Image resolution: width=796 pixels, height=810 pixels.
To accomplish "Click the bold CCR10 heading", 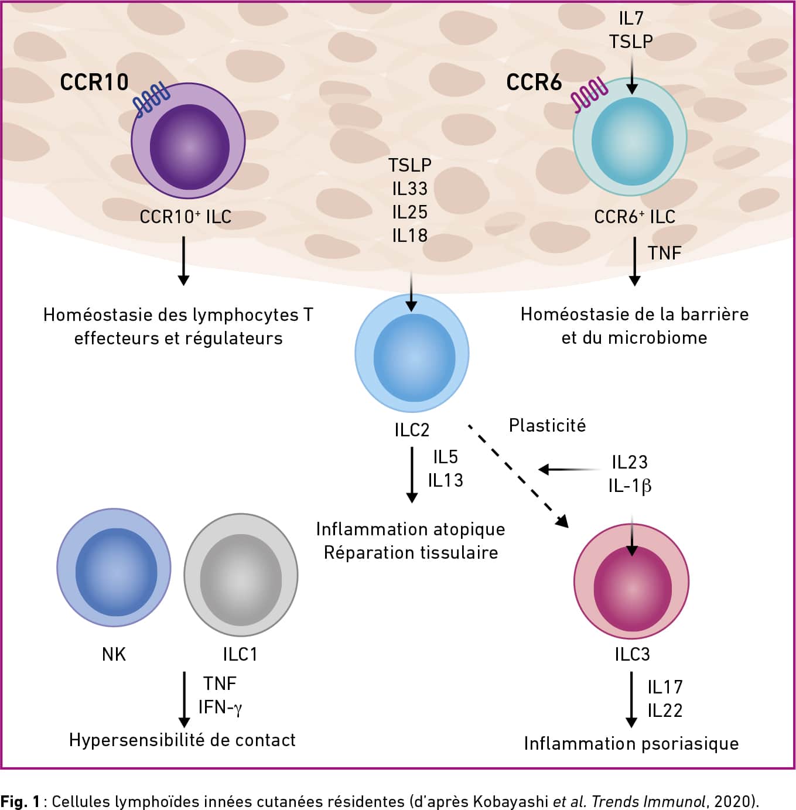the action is pyautogui.click(x=94, y=82).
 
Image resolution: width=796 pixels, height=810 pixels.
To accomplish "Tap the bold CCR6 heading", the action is pyautogui.click(x=534, y=82).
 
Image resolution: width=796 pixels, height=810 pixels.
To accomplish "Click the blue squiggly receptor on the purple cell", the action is pyautogui.click(x=151, y=100).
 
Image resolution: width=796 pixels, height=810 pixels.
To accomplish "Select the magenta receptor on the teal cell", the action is pyautogui.click(x=589, y=94).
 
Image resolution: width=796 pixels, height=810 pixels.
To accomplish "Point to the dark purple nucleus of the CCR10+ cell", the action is pyautogui.click(x=190, y=147).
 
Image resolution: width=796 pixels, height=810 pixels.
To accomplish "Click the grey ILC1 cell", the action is pyautogui.click(x=241, y=574).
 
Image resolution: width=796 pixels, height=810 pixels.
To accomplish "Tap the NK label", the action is pyautogui.click(x=114, y=654).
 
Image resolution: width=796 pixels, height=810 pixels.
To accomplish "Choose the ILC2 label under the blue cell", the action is pyautogui.click(x=412, y=430).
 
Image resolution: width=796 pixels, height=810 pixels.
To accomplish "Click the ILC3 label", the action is pyautogui.click(x=632, y=654).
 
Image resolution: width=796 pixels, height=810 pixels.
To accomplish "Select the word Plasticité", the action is pyautogui.click(x=547, y=425).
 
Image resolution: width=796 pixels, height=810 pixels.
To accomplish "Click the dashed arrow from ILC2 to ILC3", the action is pyautogui.click(x=518, y=476).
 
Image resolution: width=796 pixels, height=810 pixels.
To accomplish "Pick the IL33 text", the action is pyautogui.click(x=410, y=189).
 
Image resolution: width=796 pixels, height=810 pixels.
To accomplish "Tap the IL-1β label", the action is pyautogui.click(x=630, y=486).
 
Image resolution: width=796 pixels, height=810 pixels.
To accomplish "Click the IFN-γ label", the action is pyautogui.click(x=220, y=708).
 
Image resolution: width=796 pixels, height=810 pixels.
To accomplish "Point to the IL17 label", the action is pyautogui.click(x=665, y=687).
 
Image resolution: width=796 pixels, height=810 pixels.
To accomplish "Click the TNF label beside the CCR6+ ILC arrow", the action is pyautogui.click(x=664, y=253).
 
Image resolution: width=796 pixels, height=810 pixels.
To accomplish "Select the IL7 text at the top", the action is pyautogui.click(x=631, y=18).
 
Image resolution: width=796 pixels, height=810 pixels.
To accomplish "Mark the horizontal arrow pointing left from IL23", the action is pyautogui.click(x=570, y=470).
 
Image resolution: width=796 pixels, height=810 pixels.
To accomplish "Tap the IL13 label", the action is pyautogui.click(x=445, y=480).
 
